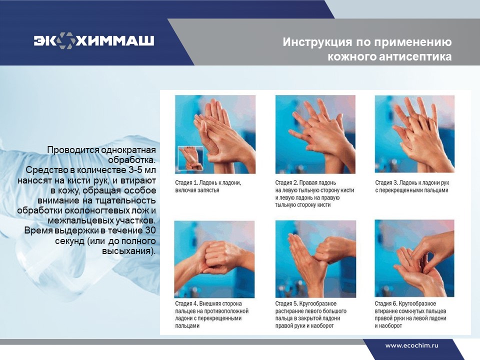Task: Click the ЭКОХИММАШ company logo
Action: (94, 40)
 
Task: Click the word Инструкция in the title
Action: (317, 42)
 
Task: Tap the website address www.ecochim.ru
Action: (411, 345)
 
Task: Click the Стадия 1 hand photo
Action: (215, 134)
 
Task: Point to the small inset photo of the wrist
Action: (190, 158)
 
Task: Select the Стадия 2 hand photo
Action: (315, 134)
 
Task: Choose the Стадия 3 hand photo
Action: (415, 134)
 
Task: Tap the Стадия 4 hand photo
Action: (214, 259)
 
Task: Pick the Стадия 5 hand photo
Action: (315, 259)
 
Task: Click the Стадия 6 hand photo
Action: (414, 258)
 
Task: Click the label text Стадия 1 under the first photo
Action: (186, 183)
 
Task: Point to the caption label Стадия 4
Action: (186, 303)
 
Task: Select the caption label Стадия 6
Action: (386, 303)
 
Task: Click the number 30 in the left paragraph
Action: (150, 230)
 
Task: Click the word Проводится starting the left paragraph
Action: (73, 150)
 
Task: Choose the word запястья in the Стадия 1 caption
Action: (208, 190)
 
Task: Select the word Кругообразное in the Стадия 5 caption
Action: (318, 303)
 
